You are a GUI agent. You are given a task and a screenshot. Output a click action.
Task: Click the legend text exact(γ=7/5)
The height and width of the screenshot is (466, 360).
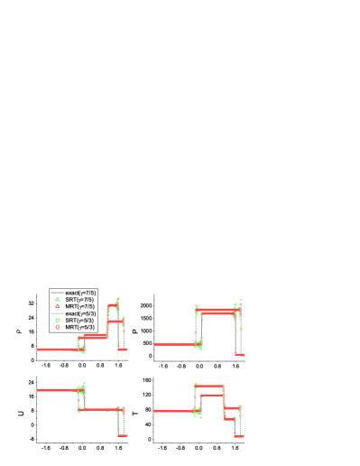click(79, 293)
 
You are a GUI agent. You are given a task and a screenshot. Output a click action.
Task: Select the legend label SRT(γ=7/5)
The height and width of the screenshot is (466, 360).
click(79, 299)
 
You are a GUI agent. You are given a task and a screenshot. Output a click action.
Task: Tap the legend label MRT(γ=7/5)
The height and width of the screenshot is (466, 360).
click(79, 306)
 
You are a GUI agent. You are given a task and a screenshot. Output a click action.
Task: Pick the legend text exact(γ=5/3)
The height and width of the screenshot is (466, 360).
click(79, 313)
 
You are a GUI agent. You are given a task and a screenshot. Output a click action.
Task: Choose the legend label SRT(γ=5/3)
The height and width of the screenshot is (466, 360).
click(79, 320)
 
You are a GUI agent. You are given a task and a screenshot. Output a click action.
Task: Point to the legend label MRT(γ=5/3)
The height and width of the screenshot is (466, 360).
click(79, 327)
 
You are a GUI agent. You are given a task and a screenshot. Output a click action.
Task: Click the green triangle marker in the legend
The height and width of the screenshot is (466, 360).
click(57, 299)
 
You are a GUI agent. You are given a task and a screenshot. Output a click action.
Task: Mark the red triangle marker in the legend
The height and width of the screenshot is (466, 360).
click(57, 306)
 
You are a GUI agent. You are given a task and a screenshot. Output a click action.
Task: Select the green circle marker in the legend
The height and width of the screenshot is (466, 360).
click(57, 320)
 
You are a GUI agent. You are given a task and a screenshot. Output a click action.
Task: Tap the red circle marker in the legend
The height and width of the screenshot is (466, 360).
click(57, 327)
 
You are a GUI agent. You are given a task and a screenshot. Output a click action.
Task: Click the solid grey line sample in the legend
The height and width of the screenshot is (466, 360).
click(57, 293)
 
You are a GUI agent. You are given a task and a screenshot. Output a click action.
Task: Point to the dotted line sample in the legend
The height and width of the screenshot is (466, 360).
click(57, 313)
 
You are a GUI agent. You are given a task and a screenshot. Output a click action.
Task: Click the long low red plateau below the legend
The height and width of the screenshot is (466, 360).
click(56, 349)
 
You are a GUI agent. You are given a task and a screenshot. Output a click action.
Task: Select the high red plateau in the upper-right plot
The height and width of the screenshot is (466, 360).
click(217, 312)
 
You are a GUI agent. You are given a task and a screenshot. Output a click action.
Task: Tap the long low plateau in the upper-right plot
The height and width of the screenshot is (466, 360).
click(174, 344)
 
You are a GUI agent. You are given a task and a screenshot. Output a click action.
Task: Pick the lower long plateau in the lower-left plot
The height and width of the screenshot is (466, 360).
click(99, 409)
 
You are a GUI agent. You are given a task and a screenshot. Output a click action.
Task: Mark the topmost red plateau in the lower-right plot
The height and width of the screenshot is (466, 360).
click(209, 386)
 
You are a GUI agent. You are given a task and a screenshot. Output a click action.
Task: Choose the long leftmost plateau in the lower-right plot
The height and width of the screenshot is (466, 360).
click(173, 411)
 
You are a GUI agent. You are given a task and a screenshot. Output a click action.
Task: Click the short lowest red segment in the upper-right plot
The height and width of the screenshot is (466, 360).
click(240, 355)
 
